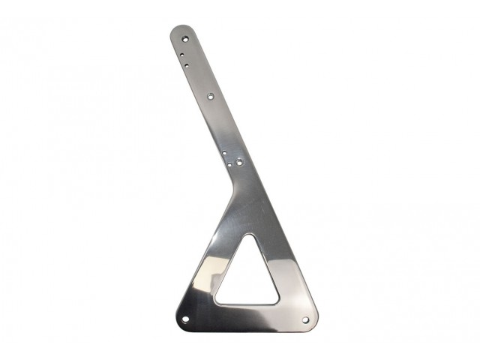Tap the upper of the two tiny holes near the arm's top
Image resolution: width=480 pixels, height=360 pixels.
pos(184,55)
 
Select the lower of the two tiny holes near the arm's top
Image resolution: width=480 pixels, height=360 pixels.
pos(187,65)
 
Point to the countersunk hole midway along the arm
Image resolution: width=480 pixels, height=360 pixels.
pos(210,96)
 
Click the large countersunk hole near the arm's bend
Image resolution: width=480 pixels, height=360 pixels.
pos(238,160)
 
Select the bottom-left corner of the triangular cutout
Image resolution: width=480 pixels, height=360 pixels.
pos(217,302)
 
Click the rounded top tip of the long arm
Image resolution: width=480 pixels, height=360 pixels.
pos(181,27)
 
